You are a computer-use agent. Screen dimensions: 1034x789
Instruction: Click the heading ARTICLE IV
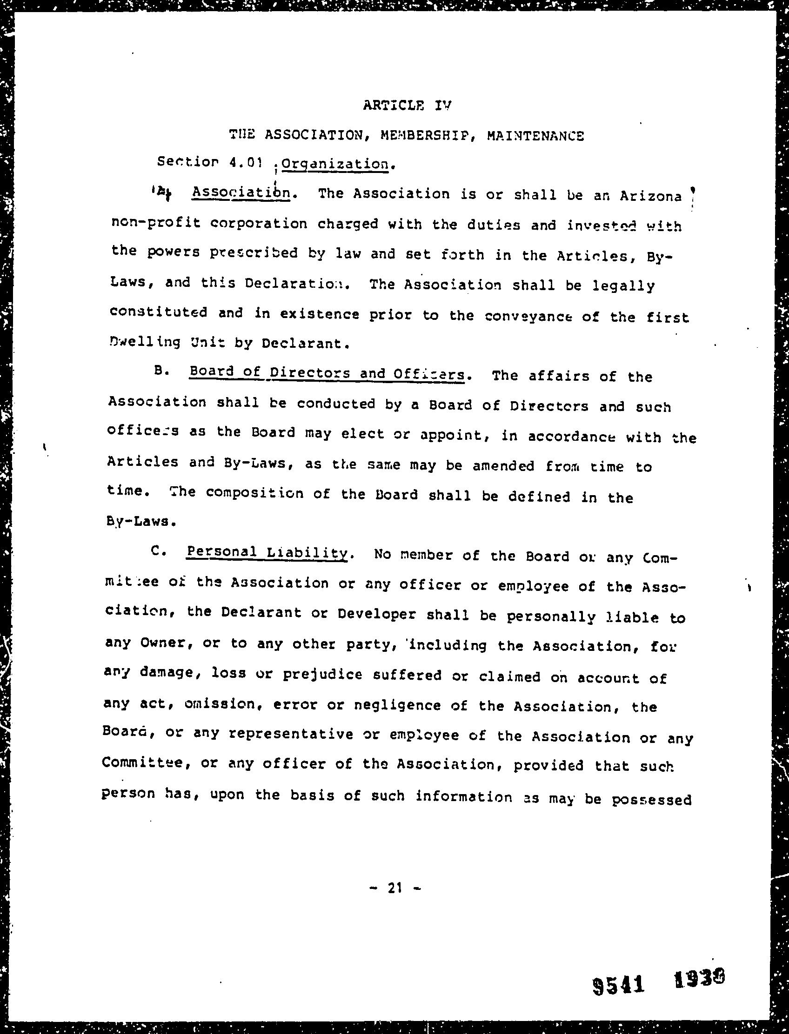point(406,105)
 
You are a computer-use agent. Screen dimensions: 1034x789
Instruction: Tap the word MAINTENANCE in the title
point(535,136)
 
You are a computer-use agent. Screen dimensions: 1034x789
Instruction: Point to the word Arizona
point(650,196)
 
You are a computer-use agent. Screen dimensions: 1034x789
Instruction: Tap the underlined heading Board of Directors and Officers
point(327,374)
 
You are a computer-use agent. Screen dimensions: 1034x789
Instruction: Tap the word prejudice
point(322,675)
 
